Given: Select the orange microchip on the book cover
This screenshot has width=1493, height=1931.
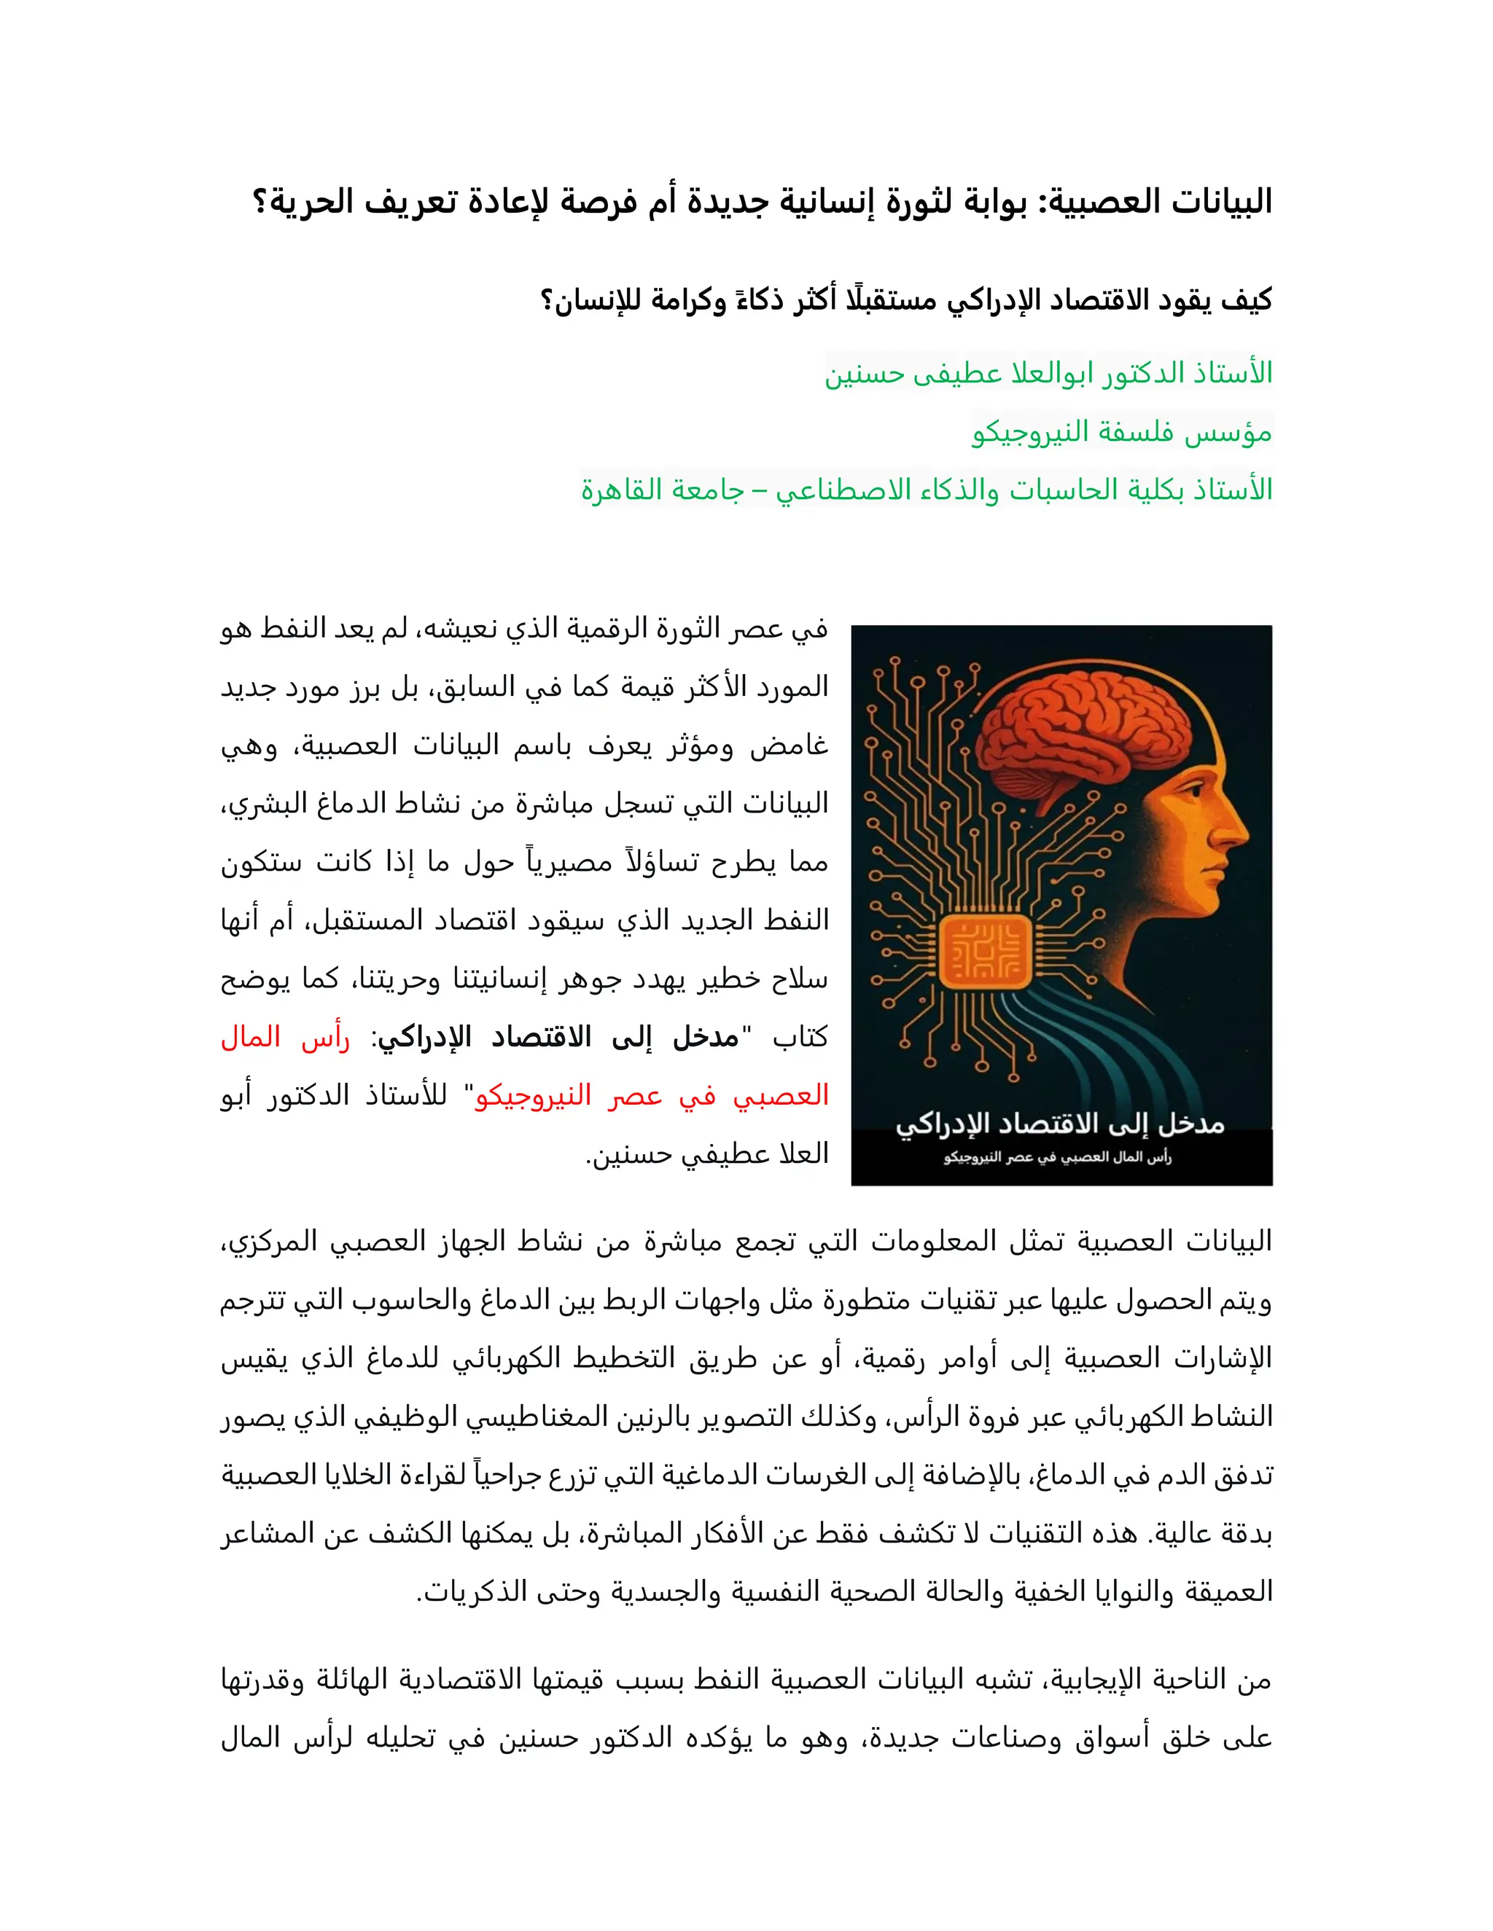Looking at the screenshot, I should [x=984, y=952].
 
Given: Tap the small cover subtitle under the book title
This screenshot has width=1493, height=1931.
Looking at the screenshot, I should [x=1058, y=1157].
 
